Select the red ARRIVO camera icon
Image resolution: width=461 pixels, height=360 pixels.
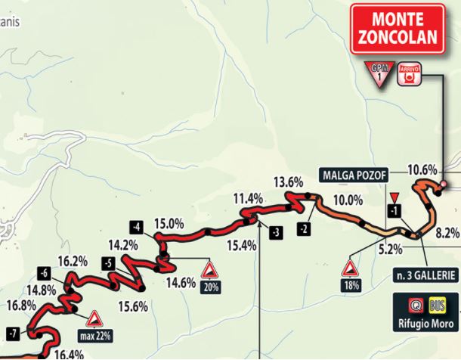click(x=409, y=73)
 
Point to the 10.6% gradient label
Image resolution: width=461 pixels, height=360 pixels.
click(x=422, y=169)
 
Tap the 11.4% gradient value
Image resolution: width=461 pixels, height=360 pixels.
click(x=248, y=198)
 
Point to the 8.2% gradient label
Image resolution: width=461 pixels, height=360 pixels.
click(x=447, y=234)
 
